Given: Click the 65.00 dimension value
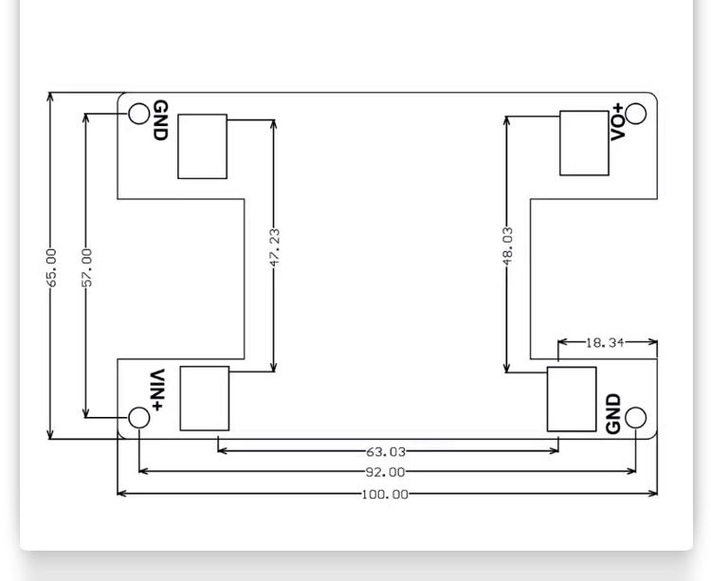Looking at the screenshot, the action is pyautogui.click(x=52, y=267).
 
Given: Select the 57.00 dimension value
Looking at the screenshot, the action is pyautogui.click(x=86, y=267).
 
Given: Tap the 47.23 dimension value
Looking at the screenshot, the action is pyautogui.click(x=274, y=247).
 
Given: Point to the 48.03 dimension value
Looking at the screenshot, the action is pyautogui.click(x=508, y=245).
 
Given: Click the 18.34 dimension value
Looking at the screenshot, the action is pyautogui.click(x=605, y=342).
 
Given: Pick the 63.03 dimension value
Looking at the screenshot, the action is pyautogui.click(x=386, y=452).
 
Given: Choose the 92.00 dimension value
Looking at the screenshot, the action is pyautogui.click(x=386, y=472).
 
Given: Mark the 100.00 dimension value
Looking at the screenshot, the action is pyautogui.click(x=385, y=494).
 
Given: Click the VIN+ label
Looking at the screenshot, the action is pyautogui.click(x=156, y=390).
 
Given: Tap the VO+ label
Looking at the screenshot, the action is pyautogui.click(x=617, y=122).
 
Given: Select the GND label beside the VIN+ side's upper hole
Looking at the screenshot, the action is pyautogui.click(x=160, y=120).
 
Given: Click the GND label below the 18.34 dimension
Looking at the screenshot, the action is pyautogui.click(x=613, y=413).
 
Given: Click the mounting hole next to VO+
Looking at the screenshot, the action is pyautogui.click(x=636, y=114).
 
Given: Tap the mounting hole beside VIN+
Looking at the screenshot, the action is pyautogui.click(x=139, y=417).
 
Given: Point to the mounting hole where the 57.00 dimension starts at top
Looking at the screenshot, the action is pyautogui.click(x=139, y=114).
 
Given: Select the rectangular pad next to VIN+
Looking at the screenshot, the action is pyautogui.click(x=205, y=398).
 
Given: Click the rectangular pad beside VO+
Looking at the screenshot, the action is pyautogui.click(x=585, y=143).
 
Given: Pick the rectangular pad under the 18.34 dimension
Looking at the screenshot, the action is pyautogui.click(x=572, y=399).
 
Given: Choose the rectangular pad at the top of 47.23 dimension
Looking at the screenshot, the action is pyautogui.click(x=202, y=146).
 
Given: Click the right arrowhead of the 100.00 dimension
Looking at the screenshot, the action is pyautogui.click(x=653, y=494).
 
